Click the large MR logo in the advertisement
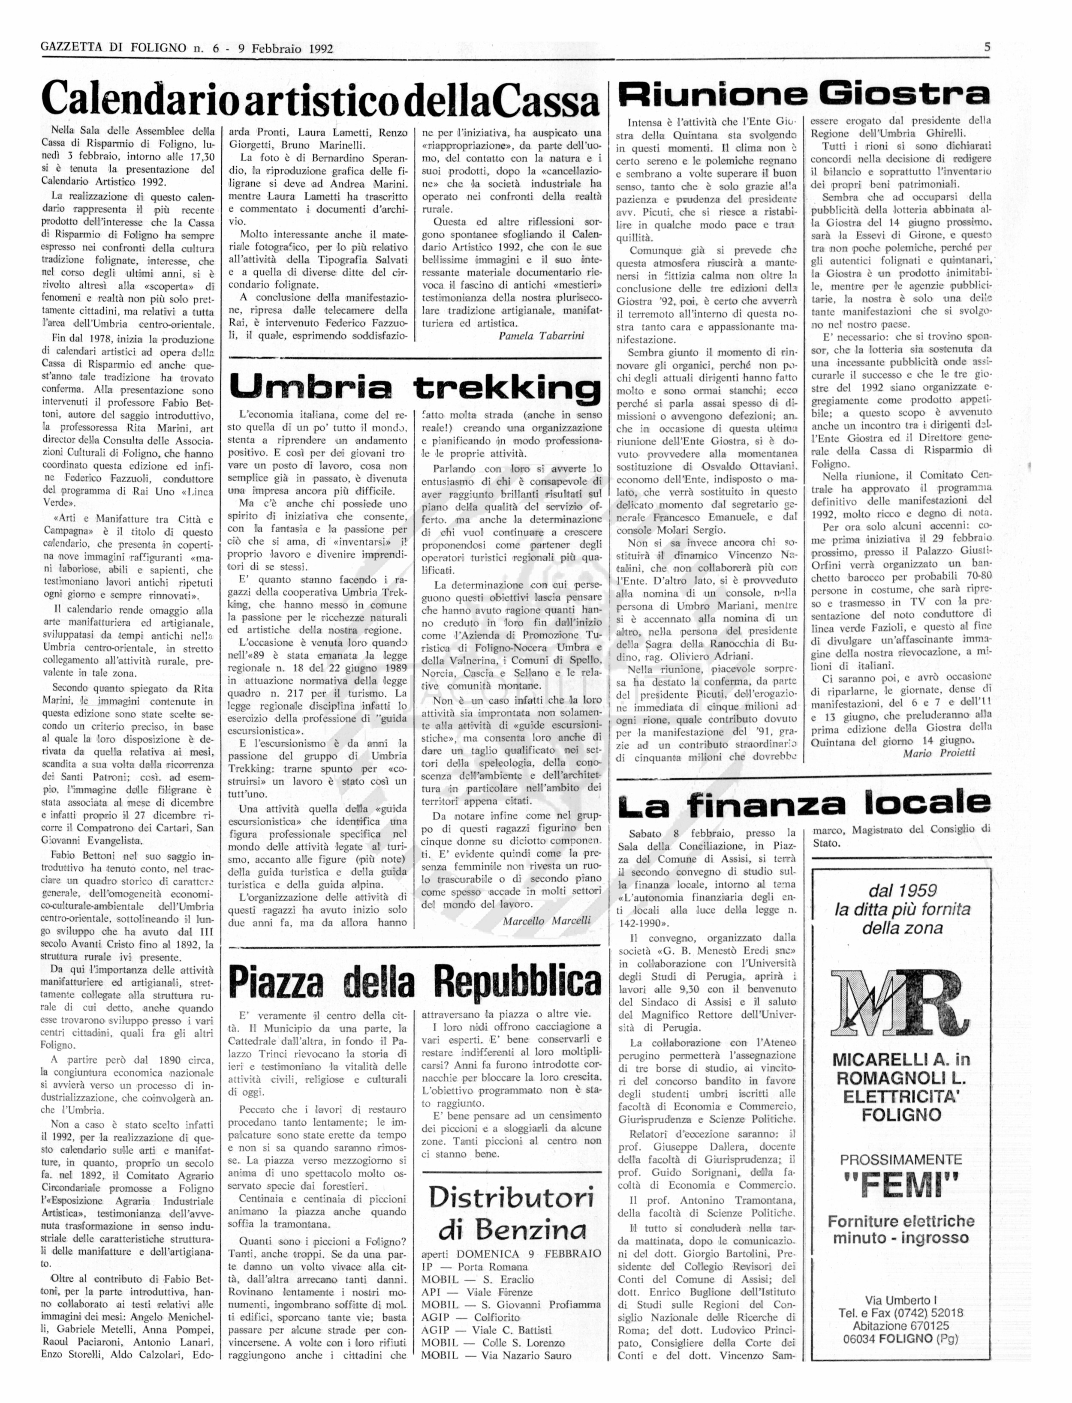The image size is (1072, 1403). pyautogui.click(x=899, y=1007)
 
